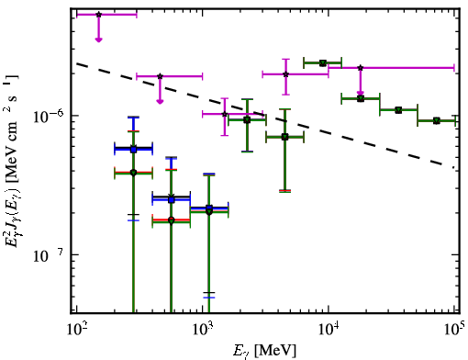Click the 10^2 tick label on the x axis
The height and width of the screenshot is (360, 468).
76,330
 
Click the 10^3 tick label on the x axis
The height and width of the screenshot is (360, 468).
203,330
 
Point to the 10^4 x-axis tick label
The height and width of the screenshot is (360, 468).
329,330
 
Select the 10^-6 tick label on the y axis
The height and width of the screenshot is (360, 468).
48,116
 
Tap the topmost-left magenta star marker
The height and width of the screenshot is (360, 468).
98,15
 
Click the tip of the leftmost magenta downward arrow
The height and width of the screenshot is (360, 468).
98,41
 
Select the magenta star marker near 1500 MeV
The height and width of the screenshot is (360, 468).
225,114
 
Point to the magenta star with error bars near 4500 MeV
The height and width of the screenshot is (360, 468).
285,74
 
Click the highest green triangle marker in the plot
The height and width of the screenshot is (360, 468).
322,62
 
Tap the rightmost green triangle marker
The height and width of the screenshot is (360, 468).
437,120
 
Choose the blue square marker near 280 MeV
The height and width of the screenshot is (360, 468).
133,150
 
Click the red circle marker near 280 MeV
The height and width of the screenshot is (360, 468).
133,173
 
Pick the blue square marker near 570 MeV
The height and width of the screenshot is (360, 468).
172,200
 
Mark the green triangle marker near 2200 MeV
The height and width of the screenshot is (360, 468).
247,119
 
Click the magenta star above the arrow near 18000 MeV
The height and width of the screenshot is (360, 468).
361,68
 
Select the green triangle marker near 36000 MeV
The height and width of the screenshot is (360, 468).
398,110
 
